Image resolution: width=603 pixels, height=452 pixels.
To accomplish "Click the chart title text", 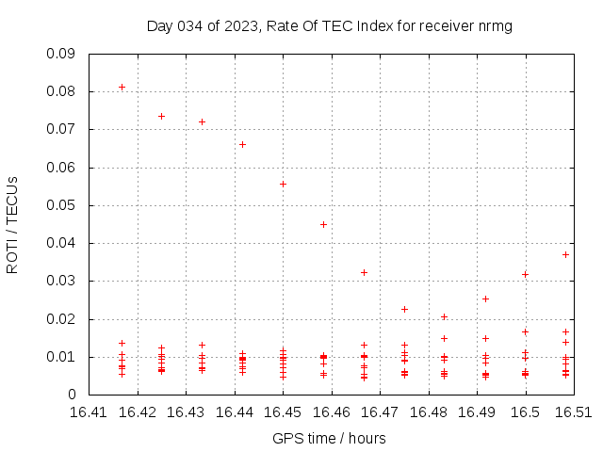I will (x=330, y=25).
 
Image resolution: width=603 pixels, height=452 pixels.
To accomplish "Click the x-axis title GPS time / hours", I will (x=329, y=438).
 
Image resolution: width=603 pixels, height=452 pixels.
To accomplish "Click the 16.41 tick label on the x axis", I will (x=89, y=412).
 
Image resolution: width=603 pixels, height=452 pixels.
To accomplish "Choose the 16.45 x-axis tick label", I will (x=283, y=412).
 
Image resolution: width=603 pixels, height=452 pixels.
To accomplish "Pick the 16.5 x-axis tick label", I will (x=525, y=412).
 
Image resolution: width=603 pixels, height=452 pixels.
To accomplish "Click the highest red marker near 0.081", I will (x=122, y=87).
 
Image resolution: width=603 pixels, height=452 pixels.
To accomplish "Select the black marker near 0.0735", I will (x=161, y=116).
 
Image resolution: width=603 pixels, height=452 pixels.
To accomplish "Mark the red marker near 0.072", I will (x=202, y=121).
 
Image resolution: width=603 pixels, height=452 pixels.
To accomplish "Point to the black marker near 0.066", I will (x=242, y=144).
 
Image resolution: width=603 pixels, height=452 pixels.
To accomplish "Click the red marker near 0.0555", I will (x=283, y=184).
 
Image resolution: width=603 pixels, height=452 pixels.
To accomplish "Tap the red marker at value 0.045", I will (x=323, y=224).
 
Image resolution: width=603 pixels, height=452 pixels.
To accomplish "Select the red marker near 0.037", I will (x=565, y=254).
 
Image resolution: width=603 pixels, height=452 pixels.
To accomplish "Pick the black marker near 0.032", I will (x=525, y=274).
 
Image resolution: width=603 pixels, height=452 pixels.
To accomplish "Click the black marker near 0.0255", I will (x=485, y=299).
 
